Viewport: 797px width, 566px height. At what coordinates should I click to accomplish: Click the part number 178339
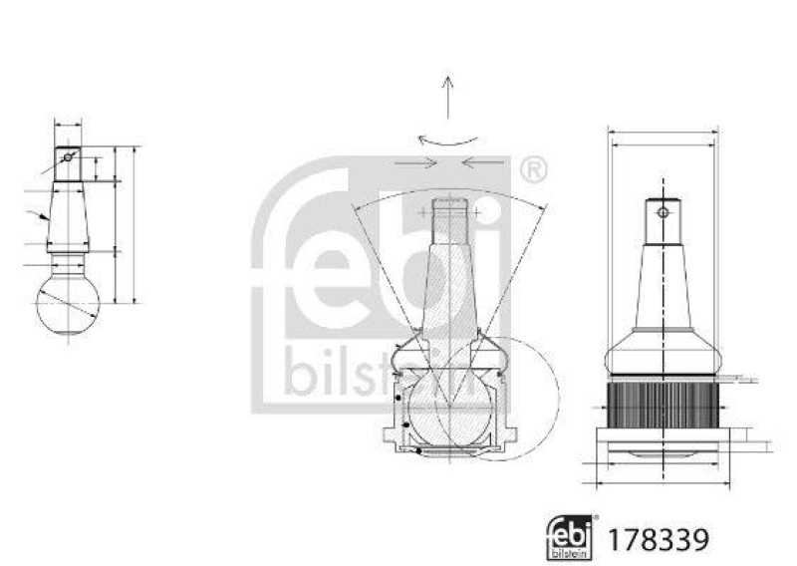click(667, 539)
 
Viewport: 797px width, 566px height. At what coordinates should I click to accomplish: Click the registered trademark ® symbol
click(533, 170)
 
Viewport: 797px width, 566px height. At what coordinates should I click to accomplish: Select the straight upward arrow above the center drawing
click(449, 99)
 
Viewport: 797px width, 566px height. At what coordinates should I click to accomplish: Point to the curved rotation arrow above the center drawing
click(448, 140)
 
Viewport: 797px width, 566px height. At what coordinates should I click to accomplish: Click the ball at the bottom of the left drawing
click(68, 303)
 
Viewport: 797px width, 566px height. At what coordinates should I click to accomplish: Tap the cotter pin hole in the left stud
click(68, 156)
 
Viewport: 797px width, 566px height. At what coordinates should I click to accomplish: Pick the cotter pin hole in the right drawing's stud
click(662, 211)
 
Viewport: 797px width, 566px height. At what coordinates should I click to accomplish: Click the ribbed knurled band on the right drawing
click(662, 406)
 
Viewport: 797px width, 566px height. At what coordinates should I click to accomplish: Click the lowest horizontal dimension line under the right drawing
click(662, 485)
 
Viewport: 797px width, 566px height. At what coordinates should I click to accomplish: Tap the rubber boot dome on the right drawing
click(662, 354)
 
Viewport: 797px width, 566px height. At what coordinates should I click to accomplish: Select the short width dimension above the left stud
click(68, 126)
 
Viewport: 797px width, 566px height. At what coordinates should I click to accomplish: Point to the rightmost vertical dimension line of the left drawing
click(132, 224)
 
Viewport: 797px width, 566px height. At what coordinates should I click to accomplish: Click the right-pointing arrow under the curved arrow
click(413, 161)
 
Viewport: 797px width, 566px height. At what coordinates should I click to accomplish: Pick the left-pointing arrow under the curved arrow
click(485, 161)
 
